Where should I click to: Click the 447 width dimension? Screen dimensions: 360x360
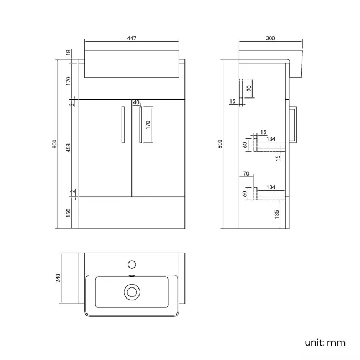(131, 38)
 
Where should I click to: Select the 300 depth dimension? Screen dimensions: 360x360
(270, 38)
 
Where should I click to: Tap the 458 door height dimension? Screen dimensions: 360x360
(69, 148)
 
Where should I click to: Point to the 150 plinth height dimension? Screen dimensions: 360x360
(69, 212)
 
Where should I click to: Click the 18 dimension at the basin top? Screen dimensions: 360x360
(69, 52)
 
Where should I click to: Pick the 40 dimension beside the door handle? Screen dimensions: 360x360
(137, 102)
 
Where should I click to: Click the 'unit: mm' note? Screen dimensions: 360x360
(325, 342)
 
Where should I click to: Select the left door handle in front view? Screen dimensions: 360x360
(122, 125)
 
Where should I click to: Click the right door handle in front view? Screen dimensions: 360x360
(141, 125)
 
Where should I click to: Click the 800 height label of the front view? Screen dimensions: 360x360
(54, 143)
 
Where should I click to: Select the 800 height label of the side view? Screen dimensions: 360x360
(220, 143)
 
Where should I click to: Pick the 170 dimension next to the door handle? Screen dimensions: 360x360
(148, 125)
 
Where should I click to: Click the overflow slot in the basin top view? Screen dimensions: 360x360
(132, 276)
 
